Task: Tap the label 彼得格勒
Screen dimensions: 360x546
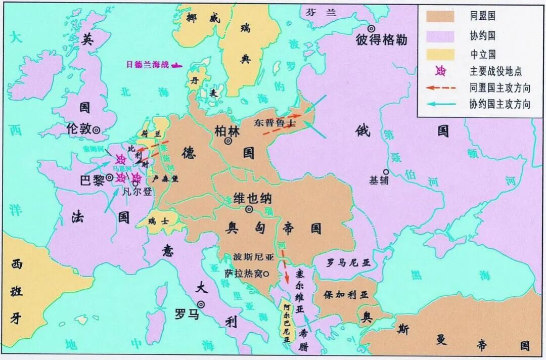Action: (382, 41)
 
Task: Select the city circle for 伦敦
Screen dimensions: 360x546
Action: (96, 130)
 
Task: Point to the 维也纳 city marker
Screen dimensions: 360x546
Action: (249, 209)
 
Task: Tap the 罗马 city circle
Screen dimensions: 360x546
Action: (201, 304)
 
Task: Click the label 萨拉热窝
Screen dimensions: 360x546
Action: (243, 274)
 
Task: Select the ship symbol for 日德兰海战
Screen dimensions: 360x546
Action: (177, 65)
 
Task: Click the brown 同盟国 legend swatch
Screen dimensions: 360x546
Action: (440, 16)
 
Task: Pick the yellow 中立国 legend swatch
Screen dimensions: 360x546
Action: (440, 54)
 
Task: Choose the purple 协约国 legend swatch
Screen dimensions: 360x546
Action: (440, 35)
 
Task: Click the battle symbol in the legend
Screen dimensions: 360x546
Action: (441, 72)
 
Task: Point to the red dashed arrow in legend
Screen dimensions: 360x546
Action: (440, 88)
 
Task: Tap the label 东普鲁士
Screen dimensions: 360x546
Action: (276, 123)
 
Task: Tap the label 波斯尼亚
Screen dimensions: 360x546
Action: (253, 257)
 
